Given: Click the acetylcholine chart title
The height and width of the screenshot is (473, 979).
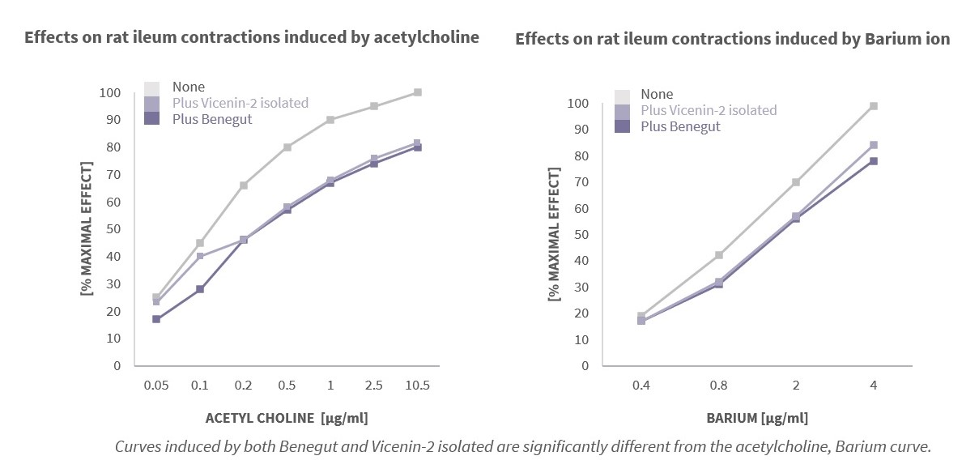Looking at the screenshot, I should pyautogui.click(x=251, y=37).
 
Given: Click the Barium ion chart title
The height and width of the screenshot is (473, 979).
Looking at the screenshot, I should pyautogui.click(x=732, y=39).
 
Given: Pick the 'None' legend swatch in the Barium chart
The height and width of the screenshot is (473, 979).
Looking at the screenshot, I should pyautogui.click(x=622, y=95).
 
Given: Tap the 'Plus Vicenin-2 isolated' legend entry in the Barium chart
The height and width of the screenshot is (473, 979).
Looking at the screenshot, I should pyautogui.click(x=708, y=110).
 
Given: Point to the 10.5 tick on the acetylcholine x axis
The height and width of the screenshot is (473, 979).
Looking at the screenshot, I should pyautogui.click(x=417, y=386).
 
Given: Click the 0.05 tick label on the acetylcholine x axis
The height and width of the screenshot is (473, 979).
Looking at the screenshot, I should pyautogui.click(x=156, y=386).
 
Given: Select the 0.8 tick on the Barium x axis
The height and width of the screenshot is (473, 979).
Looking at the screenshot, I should pyautogui.click(x=719, y=386).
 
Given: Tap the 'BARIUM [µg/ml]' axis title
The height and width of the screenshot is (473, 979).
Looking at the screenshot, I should pyautogui.click(x=757, y=418).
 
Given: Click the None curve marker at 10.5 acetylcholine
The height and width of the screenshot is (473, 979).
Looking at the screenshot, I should pyautogui.click(x=418, y=92).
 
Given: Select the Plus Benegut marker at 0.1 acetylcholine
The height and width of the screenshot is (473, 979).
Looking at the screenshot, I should pyautogui.click(x=200, y=289).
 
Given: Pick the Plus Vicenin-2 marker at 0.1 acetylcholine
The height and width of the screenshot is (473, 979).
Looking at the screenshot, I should pyautogui.click(x=200, y=257).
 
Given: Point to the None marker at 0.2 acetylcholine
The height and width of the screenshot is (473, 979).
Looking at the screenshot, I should pyautogui.click(x=244, y=185).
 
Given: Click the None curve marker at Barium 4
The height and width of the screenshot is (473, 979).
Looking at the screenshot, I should pyautogui.click(x=874, y=106).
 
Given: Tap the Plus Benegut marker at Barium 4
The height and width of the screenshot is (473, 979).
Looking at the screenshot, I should pyautogui.click(x=874, y=161).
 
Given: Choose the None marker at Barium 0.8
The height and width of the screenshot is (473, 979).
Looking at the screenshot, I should pyautogui.click(x=719, y=255).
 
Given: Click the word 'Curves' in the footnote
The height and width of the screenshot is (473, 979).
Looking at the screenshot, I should pyautogui.click(x=135, y=446).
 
